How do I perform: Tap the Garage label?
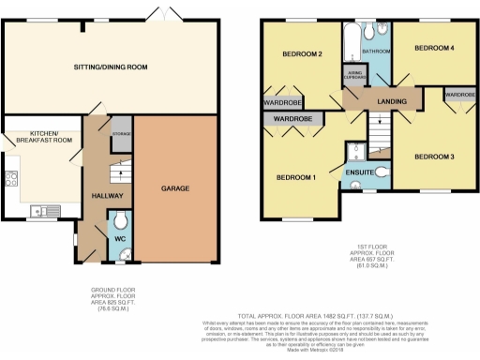point(175,188)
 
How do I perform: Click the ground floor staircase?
point(119,175)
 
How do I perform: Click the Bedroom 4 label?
point(435,47)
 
